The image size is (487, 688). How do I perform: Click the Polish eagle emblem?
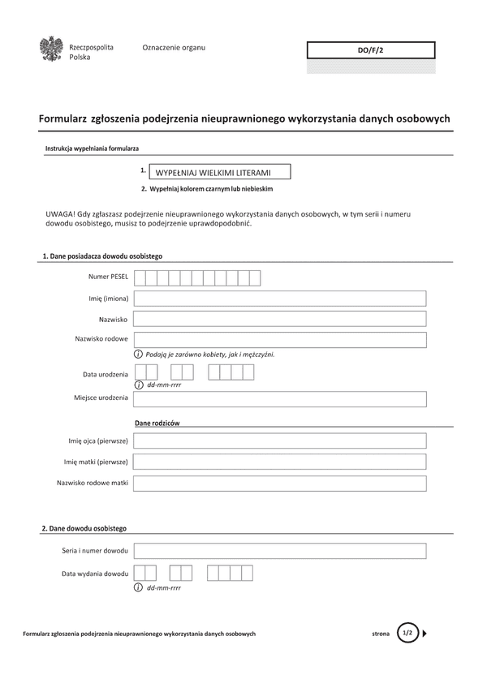click(x=51, y=50)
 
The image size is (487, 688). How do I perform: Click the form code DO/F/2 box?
click(x=370, y=50)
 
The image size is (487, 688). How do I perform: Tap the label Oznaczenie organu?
click(x=174, y=47)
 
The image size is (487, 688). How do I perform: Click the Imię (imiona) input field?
click(x=280, y=299)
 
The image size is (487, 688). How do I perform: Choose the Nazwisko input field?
click(x=280, y=319)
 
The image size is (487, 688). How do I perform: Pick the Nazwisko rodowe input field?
click(x=280, y=339)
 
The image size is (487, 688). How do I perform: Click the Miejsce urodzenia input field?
click(x=280, y=398)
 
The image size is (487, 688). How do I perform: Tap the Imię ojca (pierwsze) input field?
click(x=280, y=441)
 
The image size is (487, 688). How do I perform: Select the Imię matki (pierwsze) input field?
click(x=280, y=462)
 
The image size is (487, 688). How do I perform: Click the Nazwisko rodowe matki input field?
click(x=280, y=483)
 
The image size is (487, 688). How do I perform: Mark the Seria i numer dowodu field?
click(x=280, y=551)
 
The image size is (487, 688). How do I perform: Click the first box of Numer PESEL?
click(x=140, y=278)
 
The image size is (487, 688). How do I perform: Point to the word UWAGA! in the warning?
click(x=62, y=213)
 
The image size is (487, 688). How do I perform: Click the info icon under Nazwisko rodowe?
click(x=139, y=355)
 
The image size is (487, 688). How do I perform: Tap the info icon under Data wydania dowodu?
click(x=139, y=587)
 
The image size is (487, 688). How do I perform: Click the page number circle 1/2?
click(x=407, y=633)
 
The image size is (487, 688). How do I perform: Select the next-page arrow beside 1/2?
click(x=426, y=633)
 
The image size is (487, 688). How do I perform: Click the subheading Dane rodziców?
click(x=157, y=424)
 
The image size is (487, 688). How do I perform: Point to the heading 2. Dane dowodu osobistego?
click(x=84, y=528)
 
